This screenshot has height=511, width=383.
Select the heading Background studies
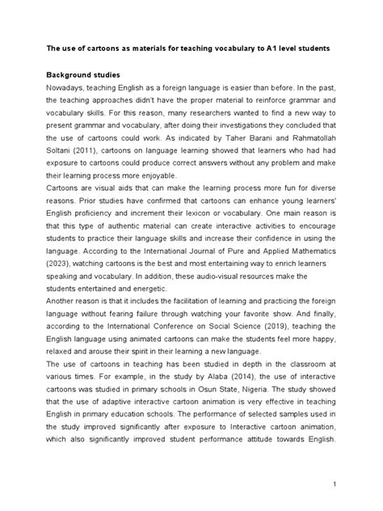coord(79,75)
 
